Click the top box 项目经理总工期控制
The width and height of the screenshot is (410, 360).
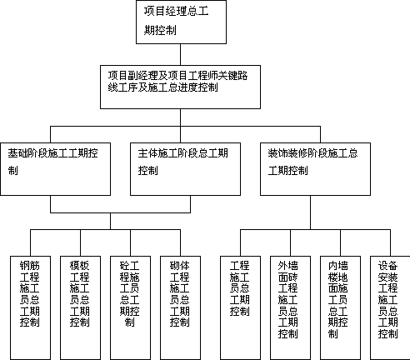pos(181,22)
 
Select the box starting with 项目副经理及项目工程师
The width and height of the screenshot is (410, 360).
pos(180,87)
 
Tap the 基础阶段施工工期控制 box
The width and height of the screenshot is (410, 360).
pos(56,169)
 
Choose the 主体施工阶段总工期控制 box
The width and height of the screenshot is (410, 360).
pos(185,169)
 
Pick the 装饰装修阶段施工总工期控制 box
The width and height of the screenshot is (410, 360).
pos(315,169)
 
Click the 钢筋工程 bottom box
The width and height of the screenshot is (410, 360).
pos(30,307)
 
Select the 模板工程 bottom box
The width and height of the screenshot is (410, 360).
pos(80,307)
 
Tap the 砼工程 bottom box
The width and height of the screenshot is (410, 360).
pos(130,307)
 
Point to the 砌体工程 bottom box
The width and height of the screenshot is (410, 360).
pos(180,307)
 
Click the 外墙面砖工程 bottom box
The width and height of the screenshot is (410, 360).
pos(290,307)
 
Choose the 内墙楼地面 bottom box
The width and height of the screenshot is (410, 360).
pos(340,307)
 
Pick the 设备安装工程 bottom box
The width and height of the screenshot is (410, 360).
pos(390,307)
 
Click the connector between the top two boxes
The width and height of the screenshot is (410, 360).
pos(180,54)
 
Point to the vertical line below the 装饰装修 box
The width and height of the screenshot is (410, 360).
pos(310,212)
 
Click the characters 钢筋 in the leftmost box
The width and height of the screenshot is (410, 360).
pos(30,266)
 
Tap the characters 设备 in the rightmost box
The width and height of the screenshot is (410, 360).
pos(387,266)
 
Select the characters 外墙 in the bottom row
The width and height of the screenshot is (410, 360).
pos(287,266)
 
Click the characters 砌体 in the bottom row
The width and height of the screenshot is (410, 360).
pos(180,266)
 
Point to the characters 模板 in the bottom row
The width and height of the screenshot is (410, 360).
pos(80,266)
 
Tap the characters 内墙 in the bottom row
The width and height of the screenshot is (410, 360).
pos(337,266)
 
